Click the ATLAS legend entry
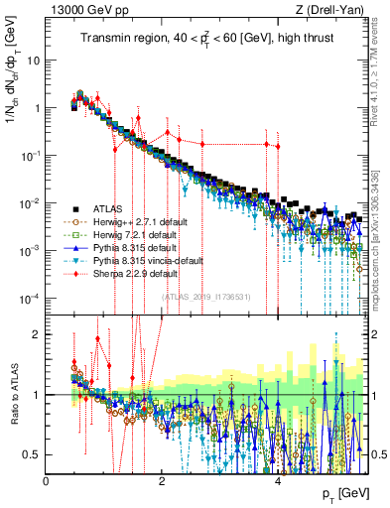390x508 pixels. point(104,209)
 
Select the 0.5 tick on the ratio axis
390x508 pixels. point(32,455)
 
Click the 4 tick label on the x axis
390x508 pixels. point(279,479)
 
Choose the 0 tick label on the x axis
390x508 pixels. point(47,479)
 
